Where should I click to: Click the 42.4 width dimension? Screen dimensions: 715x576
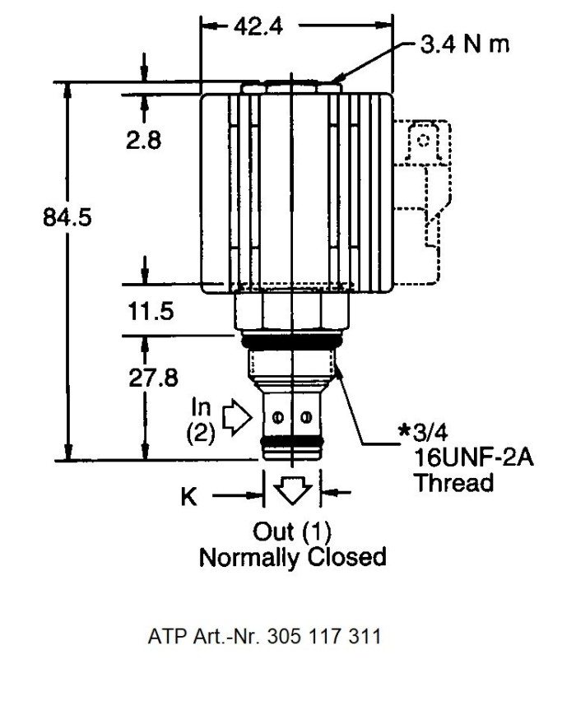(x=258, y=26)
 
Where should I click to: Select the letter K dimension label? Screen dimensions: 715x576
(x=189, y=497)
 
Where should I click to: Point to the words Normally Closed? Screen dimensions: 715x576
(x=293, y=556)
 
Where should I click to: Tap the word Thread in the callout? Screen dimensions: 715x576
(x=453, y=482)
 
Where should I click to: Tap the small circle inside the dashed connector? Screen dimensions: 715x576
(x=424, y=139)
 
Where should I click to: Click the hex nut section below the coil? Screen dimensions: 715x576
(x=292, y=313)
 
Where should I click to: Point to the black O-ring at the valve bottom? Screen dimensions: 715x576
(x=292, y=449)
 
